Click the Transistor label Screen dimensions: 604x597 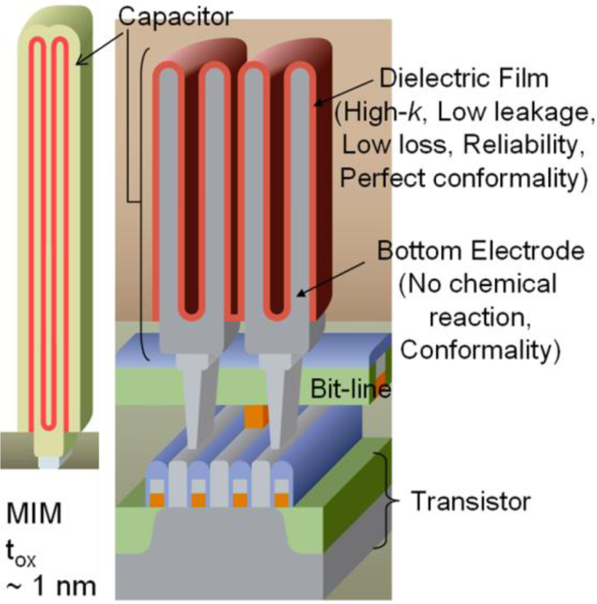pyautogui.click(x=471, y=501)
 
